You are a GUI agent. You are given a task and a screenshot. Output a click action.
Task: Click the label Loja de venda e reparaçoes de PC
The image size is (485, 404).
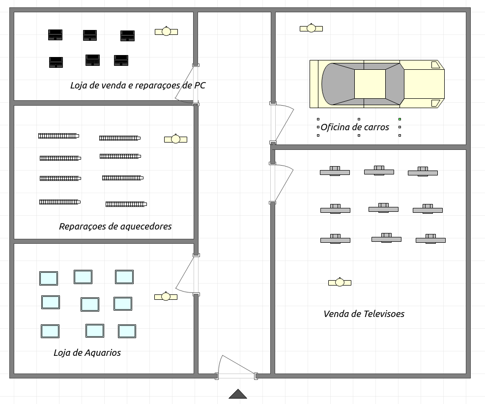tap(138, 86)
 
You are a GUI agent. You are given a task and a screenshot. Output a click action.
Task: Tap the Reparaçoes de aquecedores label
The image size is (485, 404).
tap(115, 227)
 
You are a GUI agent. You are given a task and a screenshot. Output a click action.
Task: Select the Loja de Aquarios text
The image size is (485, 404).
tap(87, 353)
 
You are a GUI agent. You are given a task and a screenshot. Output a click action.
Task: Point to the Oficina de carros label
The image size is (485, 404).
tap(355, 127)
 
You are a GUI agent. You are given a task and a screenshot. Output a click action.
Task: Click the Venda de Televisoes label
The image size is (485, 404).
tap(364, 314)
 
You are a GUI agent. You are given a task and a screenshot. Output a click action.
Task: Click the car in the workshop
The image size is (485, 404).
tap(377, 84)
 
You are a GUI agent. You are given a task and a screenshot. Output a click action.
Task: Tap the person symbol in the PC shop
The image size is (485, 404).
tap(167, 31)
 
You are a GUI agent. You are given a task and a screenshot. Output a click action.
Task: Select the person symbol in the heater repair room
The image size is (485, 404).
tap(176, 139)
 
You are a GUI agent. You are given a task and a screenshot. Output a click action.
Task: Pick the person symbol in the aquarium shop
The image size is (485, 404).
tap(166, 296)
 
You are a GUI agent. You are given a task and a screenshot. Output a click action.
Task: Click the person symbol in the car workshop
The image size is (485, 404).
tap(311, 28)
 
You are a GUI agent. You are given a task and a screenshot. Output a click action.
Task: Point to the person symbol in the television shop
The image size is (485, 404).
tap(340, 282)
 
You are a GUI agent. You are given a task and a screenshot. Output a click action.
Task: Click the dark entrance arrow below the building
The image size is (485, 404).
tap(237, 394)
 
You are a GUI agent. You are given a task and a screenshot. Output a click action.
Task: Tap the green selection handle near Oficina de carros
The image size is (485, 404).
tap(399, 119)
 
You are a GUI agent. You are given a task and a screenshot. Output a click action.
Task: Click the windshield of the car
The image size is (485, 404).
tap(395, 84)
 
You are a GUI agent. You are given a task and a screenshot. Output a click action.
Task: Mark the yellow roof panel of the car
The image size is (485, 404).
tap(370, 84)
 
